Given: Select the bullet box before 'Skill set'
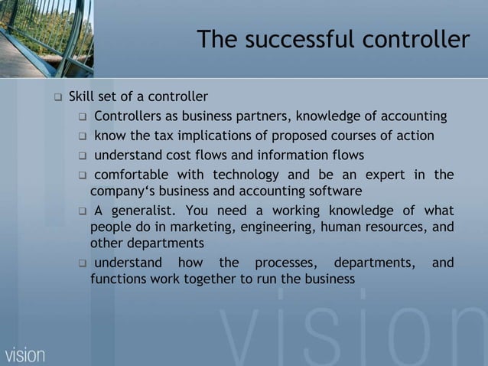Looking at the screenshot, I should point(57,98).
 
